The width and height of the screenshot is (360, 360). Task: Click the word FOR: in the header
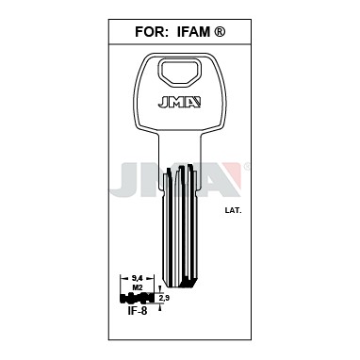pos(150,32)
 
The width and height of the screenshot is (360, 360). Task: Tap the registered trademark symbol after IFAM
pos(220,32)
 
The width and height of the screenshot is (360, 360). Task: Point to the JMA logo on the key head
pos(179,102)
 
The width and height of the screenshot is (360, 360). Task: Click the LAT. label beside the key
pos(234,211)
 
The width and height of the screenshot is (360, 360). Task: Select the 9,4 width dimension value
pos(138,278)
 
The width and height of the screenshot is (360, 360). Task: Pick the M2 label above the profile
pos(138,286)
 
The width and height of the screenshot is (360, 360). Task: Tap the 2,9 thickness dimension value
pos(165,299)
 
